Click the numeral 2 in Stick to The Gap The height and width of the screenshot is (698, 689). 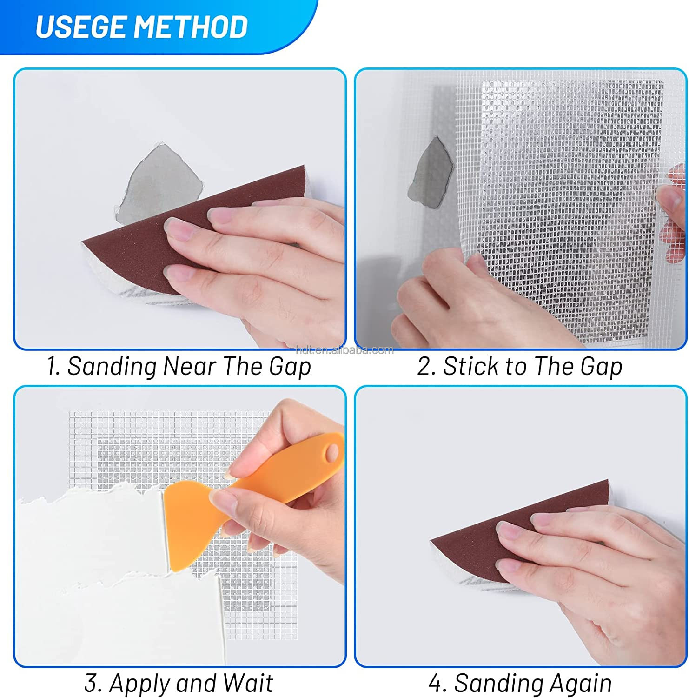tap(424, 366)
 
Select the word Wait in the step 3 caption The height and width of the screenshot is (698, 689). tap(247, 684)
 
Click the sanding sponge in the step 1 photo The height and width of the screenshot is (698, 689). tap(139, 251)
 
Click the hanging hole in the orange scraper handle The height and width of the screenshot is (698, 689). tap(332, 451)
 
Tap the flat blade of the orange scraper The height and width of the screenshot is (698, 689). tap(186, 526)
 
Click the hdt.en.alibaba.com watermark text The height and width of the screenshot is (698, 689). tap(344, 350)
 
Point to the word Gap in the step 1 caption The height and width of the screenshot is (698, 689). tap(290, 367)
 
